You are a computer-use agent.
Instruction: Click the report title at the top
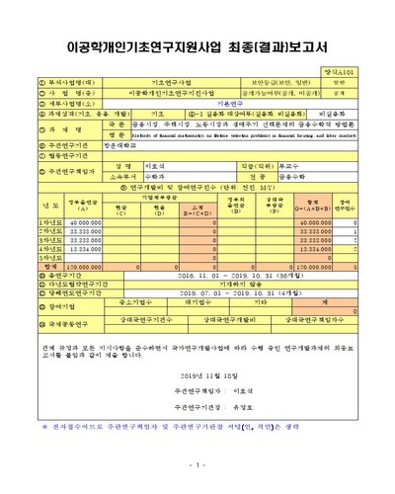tap(197, 45)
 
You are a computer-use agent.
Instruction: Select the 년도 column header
tap(21, 206)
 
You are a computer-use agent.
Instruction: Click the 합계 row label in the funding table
tap(21, 266)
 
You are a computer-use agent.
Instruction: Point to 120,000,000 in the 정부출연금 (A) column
tap(60, 266)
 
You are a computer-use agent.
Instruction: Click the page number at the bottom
tap(197, 465)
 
